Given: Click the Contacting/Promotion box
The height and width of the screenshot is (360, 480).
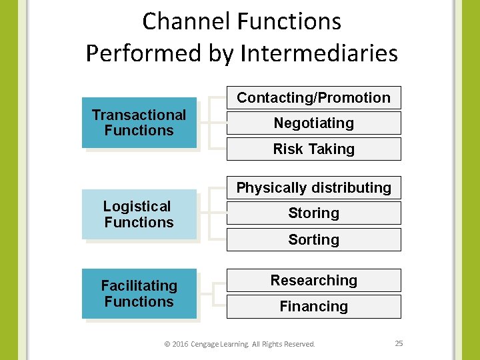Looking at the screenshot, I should (313, 98).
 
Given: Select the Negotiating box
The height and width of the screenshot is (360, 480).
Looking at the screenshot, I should (313, 123).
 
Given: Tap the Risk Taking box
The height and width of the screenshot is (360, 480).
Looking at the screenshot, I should (313, 149).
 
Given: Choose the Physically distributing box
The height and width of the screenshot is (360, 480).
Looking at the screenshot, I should (313, 188).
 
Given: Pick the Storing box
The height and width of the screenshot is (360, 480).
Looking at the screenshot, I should (313, 213).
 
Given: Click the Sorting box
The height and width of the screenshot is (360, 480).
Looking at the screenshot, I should (313, 239).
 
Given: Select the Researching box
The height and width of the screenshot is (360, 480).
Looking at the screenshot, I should (313, 281).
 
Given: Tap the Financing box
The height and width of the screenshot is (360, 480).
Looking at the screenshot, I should (313, 307).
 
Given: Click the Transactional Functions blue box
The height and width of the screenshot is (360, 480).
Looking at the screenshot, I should (139, 123).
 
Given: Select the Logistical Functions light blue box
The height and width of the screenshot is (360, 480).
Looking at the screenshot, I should (139, 215).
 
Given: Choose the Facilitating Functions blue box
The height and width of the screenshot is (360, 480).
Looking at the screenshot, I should (139, 293).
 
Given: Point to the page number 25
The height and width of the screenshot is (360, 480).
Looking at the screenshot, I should (399, 343).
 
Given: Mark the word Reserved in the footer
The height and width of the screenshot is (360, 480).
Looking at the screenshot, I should (299, 344).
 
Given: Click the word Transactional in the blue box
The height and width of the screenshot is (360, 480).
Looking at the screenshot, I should (139, 115).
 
